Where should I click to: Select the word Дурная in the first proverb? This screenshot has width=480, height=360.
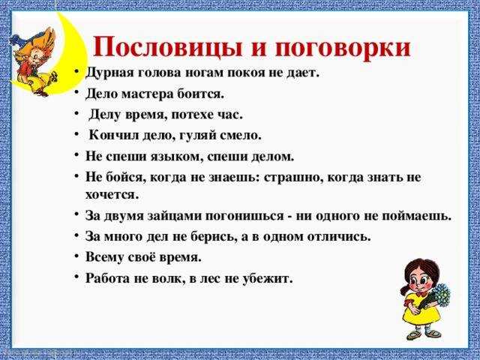point(110,73)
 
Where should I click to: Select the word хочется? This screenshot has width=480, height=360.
point(112,195)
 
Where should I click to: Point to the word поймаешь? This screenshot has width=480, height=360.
point(417,216)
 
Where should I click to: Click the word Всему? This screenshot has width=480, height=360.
point(104,257)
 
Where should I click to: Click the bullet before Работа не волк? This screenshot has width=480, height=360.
point(76,277)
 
